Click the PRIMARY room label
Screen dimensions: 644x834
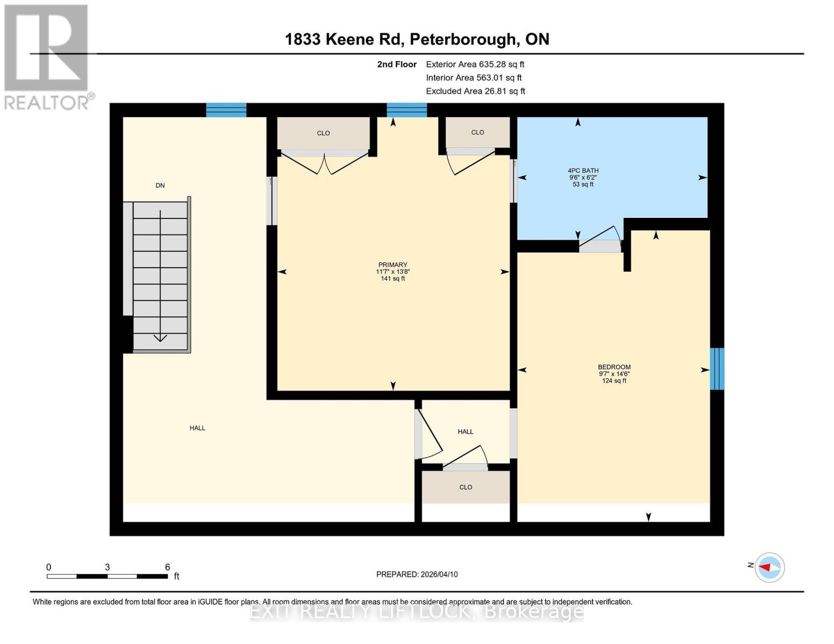click(x=393, y=265)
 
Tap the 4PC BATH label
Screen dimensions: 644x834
click(x=583, y=171)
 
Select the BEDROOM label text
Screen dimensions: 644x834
click(x=614, y=367)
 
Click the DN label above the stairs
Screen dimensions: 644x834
click(x=160, y=186)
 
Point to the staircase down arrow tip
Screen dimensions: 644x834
click(x=160, y=339)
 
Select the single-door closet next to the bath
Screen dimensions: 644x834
click(x=477, y=133)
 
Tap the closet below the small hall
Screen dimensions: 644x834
click(x=466, y=487)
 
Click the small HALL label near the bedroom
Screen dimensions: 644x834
click(x=466, y=431)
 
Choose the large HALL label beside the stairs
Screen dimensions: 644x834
click(x=197, y=428)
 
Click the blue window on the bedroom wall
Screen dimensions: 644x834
click(x=717, y=369)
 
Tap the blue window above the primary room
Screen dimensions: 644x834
click(x=407, y=110)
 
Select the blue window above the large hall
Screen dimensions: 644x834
click(x=226, y=110)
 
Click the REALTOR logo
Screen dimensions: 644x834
click(x=47, y=56)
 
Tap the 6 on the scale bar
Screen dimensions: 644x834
click(x=168, y=567)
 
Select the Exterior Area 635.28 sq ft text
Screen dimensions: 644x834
click(x=475, y=64)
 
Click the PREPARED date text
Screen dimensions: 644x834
click(x=417, y=574)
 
